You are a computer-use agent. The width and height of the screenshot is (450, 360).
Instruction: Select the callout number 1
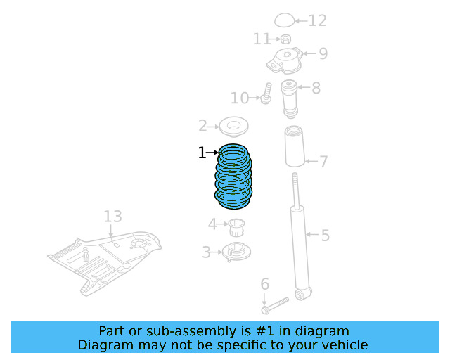(x=202, y=153)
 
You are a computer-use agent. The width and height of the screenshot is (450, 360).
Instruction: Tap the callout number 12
(x=318, y=20)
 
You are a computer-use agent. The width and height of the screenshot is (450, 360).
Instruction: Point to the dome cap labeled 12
(x=284, y=20)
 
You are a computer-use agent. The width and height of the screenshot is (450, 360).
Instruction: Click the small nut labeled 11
(x=285, y=38)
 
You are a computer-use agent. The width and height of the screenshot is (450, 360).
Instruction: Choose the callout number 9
(x=323, y=53)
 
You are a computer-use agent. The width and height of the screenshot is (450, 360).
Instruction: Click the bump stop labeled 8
(x=289, y=99)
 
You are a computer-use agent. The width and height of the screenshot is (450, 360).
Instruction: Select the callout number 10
(x=239, y=97)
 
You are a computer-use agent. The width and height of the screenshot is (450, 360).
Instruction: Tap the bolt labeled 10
(x=267, y=94)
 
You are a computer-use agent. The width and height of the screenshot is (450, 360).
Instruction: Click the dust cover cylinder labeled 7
(x=294, y=147)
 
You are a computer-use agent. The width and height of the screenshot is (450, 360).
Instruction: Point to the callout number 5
(x=325, y=236)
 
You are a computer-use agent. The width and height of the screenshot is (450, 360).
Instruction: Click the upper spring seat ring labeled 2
(x=234, y=127)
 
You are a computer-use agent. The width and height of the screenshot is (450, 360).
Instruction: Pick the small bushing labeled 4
(x=236, y=226)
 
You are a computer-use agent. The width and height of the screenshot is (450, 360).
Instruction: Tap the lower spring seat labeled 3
(x=236, y=251)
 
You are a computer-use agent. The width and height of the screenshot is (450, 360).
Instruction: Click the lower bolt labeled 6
(x=275, y=306)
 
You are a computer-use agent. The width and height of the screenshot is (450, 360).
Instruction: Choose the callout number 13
(x=112, y=216)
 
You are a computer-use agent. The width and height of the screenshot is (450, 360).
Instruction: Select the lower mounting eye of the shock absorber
(x=302, y=293)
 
